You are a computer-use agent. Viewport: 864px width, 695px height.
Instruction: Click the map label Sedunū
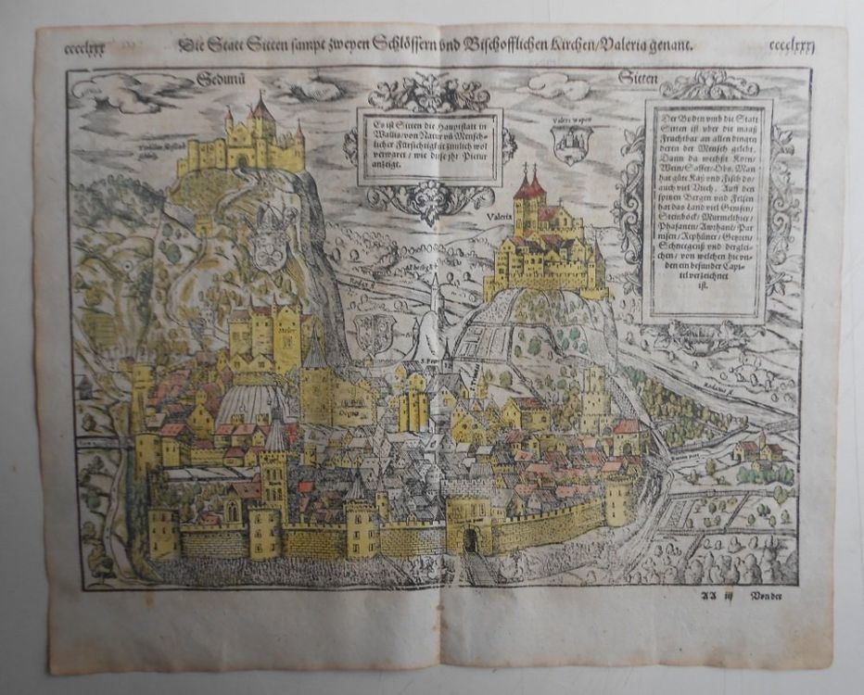click(x=221, y=79)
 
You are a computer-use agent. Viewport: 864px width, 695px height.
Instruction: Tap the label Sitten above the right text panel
click(x=639, y=80)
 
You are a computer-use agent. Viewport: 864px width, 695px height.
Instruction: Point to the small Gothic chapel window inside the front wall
click(x=231, y=510)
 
